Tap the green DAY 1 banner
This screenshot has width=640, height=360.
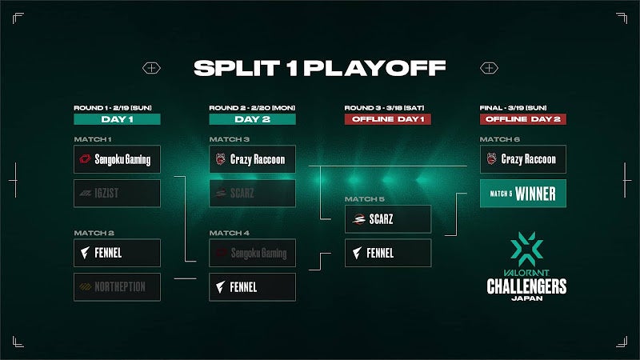(x=117, y=119)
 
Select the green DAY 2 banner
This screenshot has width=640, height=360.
(x=252, y=119)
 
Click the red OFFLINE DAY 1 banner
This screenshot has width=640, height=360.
(x=387, y=119)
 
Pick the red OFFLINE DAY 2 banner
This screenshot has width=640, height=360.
(x=522, y=119)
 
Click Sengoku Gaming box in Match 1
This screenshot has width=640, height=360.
(x=117, y=159)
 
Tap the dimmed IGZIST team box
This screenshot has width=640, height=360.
(x=117, y=194)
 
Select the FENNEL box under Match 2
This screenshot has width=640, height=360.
(x=117, y=253)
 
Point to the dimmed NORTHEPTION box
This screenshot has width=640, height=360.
(x=117, y=286)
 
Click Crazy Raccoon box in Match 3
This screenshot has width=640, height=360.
(x=252, y=159)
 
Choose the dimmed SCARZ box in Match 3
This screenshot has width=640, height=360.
(x=252, y=194)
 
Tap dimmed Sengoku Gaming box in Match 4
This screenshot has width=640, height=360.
(x=252, y=253)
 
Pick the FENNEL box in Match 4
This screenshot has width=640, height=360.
(x=252, y=286)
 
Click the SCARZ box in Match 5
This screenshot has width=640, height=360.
(x=387, y=218)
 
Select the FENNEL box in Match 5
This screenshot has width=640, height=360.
(x=387, y=253)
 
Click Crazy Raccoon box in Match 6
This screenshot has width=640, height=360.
(x=522, y=159)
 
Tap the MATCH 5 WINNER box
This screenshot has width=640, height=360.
(x=522, y=194)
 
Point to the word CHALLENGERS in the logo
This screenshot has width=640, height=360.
(x=526, y=286)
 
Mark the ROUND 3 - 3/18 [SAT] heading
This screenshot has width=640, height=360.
(x=383, y=106)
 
